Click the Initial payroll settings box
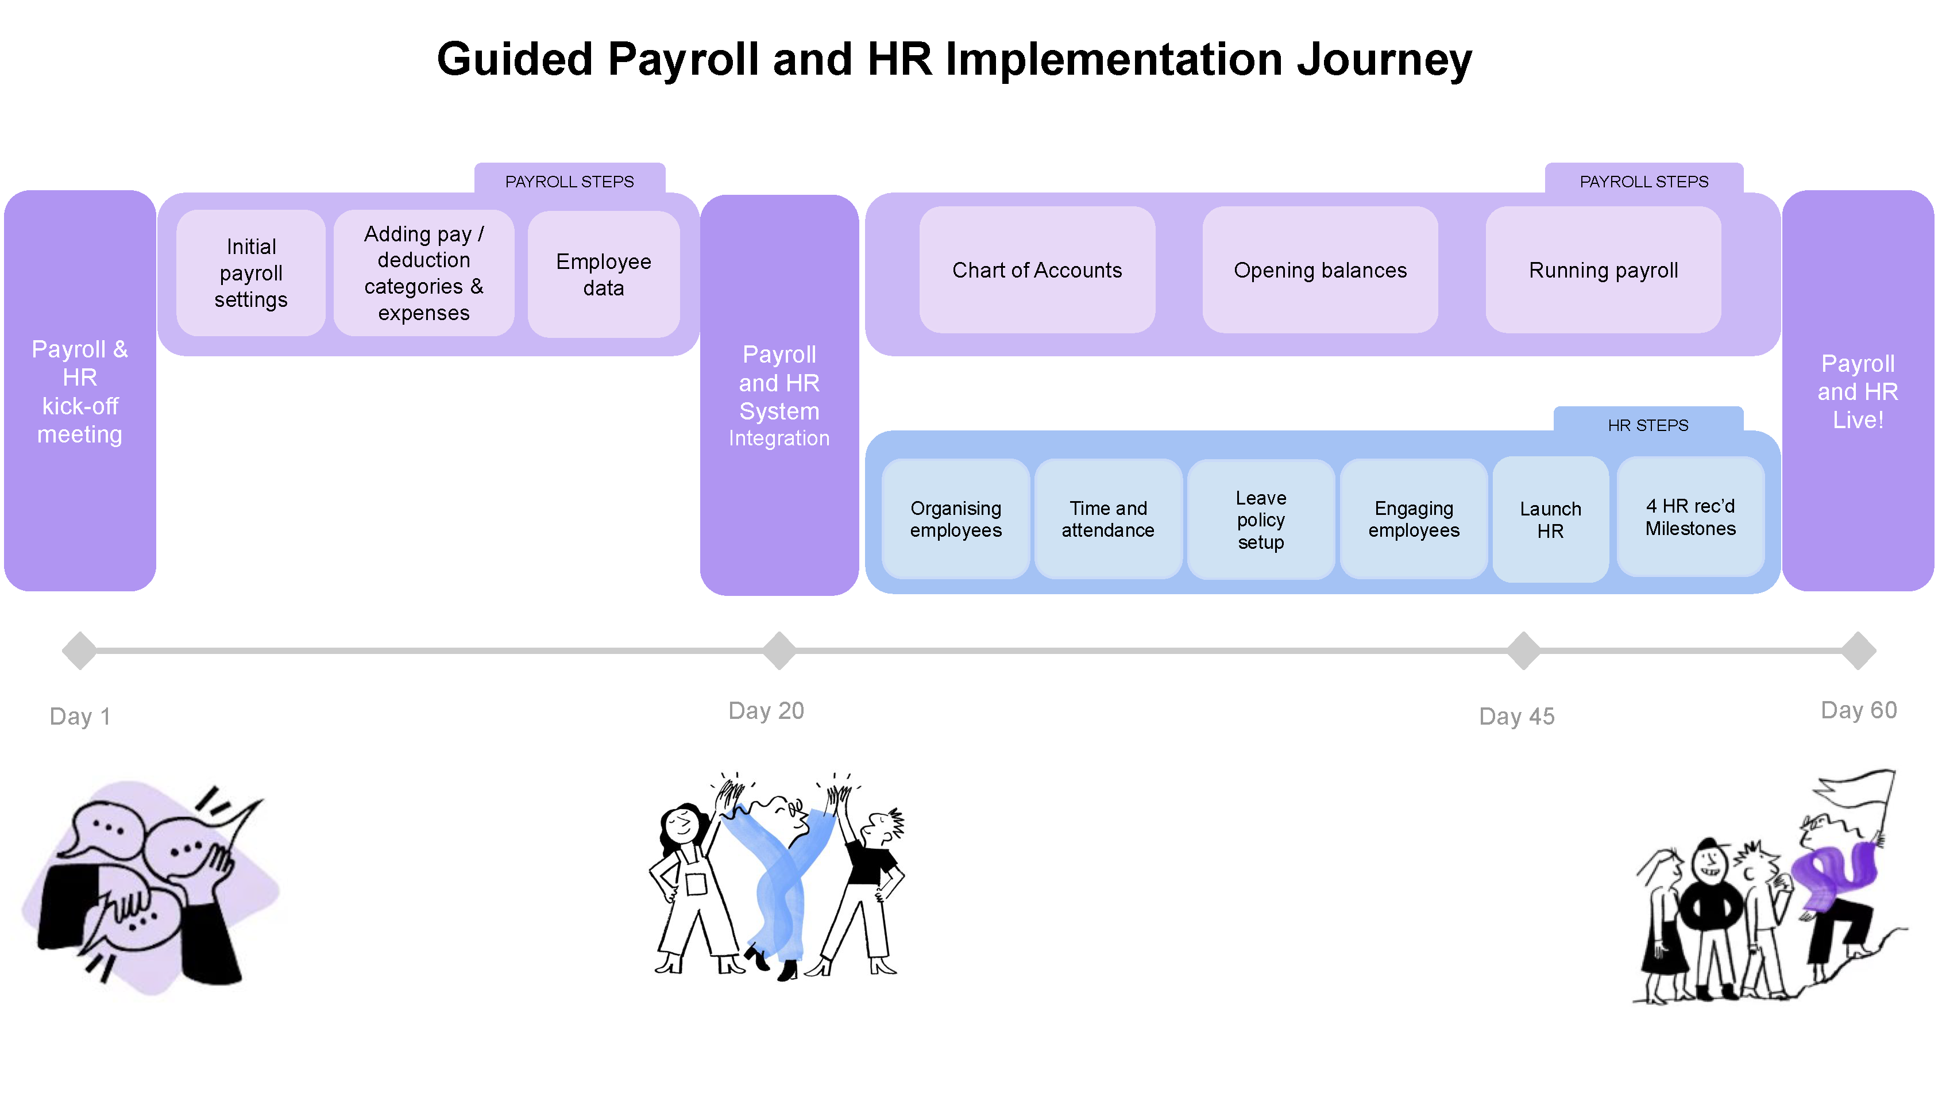coord(251,273)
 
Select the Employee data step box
coord(604,274)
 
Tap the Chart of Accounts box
coord(1037,270)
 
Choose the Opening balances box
coord(1320,270)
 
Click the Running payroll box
coord(1604,270)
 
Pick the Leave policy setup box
coord(1261,519)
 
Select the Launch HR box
coord(1551,519)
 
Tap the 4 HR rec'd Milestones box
coord(1691,517)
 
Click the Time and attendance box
coord(1108,519)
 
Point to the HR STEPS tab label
coord(1648,425)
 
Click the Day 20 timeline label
coord(766,710)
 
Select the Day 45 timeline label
coord(1517,716)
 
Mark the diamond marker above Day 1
coord(80,650)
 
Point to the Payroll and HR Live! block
coord(1858,391)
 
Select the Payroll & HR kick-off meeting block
coord(80,391)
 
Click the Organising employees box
coord(956,519)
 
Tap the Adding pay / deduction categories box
coord(424,273)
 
